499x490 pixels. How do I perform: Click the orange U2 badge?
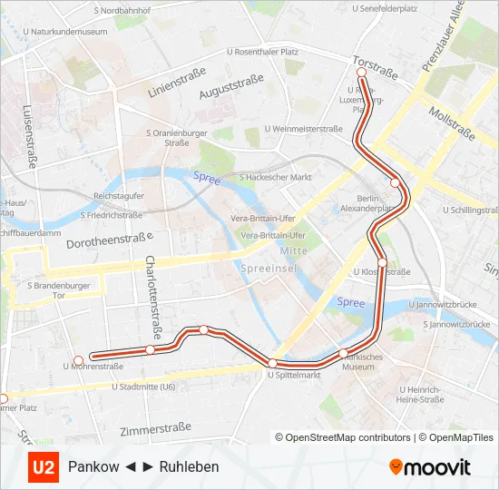[x=43, y=467]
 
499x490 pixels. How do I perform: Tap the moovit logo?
[x=430, y=467]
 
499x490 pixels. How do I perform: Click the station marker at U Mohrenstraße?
[x=79, y=360]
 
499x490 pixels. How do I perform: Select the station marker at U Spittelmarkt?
[x=271, y=363]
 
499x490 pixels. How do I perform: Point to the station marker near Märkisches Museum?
[x=343, y=353]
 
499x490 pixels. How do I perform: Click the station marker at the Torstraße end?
[x=361, y=72]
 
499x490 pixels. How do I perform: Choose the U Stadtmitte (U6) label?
[x=143, y=387]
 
